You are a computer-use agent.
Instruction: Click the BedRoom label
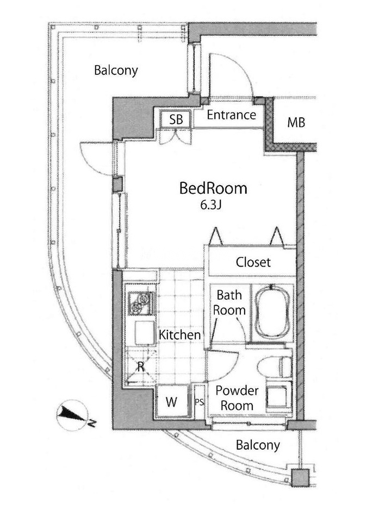click(213, 188)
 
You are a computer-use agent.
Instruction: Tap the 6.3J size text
click(210, 205)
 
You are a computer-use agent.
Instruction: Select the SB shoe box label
click(176, 120)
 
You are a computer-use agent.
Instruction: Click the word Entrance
click(232, 115)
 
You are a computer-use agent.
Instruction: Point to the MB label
click(296, 123)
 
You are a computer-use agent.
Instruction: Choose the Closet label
click(253, 262)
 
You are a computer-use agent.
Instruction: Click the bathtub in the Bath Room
click(272, 312)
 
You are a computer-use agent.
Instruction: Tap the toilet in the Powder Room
click(275, 367)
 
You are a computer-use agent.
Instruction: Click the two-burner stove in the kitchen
click(141, 303)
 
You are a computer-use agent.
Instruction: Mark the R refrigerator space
click(141, 366)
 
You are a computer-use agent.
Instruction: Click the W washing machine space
click(172, 402)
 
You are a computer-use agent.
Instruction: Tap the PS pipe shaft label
click(200, 402)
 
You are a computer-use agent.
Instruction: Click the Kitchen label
click(180, 334)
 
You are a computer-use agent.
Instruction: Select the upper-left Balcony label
click(116, 71)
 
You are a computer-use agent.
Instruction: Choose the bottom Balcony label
click(258, 445)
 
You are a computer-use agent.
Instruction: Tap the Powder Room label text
click(237, 398)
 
